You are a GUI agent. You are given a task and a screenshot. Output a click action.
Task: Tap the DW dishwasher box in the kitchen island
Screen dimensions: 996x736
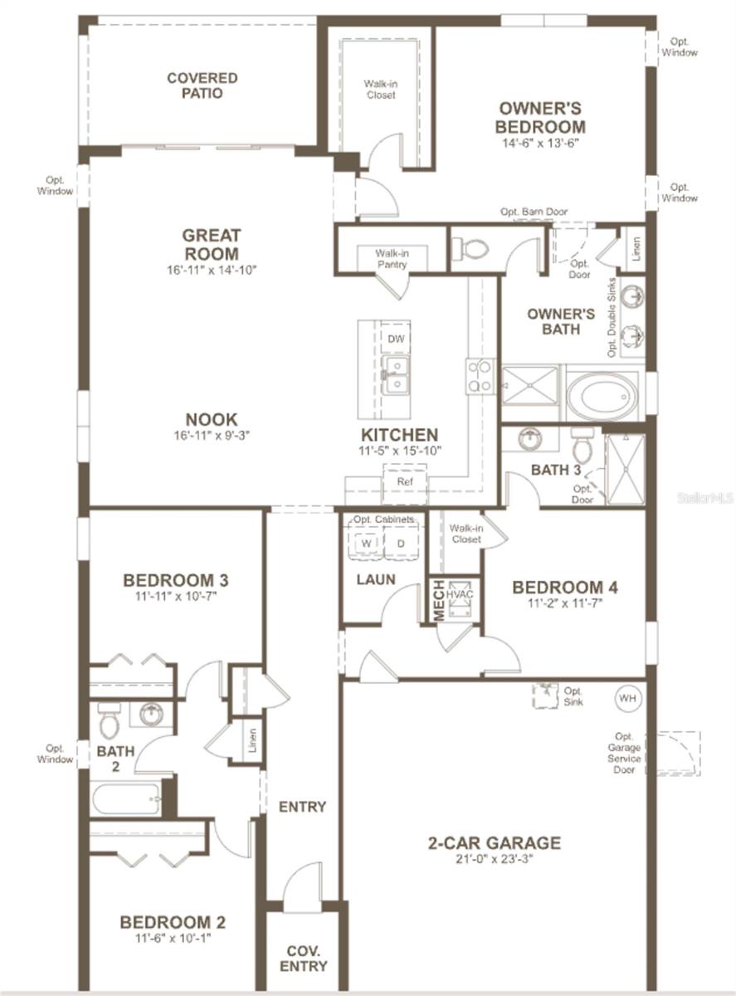pyautogui.click(x=396, y=338)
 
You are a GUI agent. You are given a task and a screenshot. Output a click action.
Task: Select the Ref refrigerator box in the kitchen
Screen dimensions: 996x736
pyautogui.click(x=404, y=481)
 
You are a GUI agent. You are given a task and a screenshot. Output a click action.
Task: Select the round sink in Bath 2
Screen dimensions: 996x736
pyautogui.click(x=151, y=714)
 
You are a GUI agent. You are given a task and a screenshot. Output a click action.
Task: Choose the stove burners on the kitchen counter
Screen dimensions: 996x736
pyautogui.click(x=480, y=375)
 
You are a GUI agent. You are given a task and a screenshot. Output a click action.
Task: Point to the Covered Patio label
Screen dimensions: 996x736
pyautogui.click(x=202, y=85)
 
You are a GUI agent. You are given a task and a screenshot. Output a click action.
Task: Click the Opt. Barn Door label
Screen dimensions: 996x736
pyautogui.click(x=534, y=212)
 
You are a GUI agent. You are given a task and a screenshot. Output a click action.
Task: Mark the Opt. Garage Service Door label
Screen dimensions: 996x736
pyautogui.click(x=627, y=753)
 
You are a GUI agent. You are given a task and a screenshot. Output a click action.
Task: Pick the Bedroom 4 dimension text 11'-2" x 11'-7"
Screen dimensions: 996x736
pyautogui.click(x=564, y=603)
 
